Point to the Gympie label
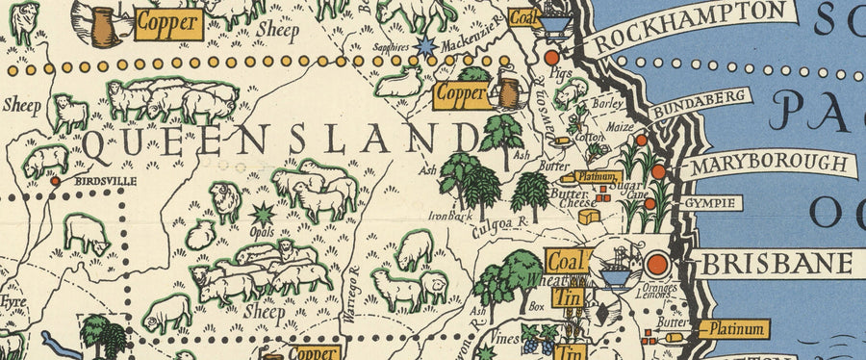(712, 204)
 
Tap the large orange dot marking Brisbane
(657, 263)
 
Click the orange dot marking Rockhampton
(550, 59)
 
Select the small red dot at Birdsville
(55, 180)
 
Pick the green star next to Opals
(260, 213)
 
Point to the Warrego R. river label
(353, 283)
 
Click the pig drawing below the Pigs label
(572, 92)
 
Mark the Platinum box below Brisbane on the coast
(733, 329)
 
